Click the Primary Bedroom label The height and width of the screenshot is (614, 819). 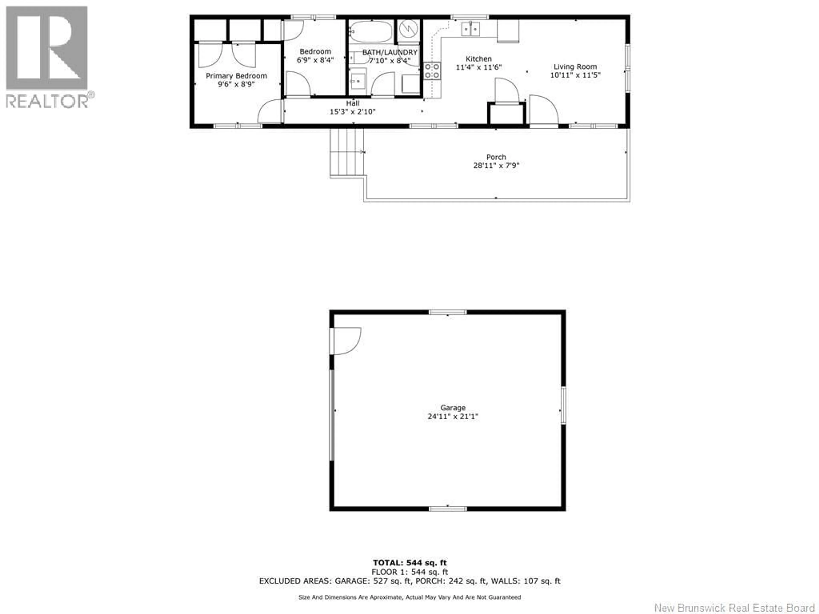pos(236,76)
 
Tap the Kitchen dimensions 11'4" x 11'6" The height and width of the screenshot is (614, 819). pos(478,67)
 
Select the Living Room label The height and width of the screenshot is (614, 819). pos(575,67)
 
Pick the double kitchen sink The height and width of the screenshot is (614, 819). pos(470,29)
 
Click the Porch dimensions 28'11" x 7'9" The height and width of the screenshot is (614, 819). pos(496,165)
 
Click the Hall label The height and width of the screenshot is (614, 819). pos(353,103)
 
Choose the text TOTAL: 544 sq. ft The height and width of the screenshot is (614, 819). pos(409,563)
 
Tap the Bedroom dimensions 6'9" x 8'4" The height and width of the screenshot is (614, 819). pos(315,60)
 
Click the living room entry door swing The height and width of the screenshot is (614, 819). pos(543,110)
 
